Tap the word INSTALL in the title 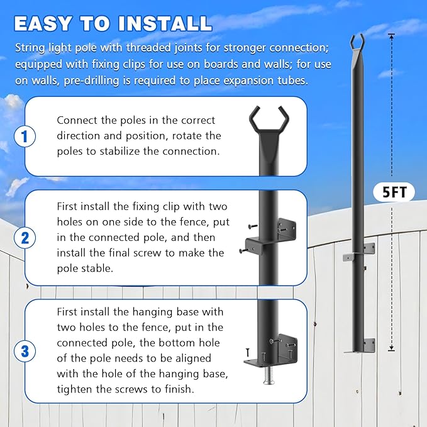coord(165,23)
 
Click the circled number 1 coord(25,135)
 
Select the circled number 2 coord(25,238)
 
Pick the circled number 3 coord(25,350)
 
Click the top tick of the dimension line coord(391,34)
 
